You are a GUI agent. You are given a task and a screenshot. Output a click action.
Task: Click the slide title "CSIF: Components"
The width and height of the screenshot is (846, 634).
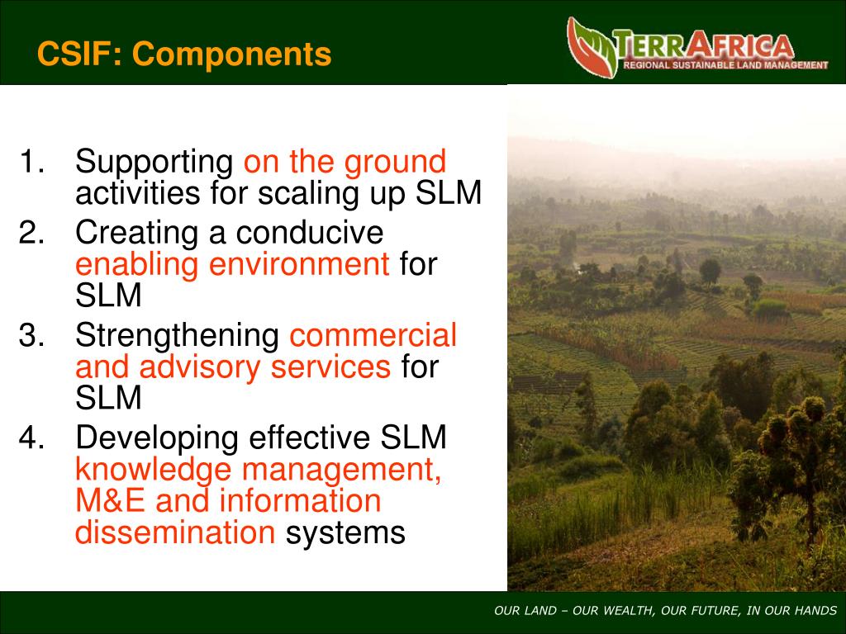[184, 54]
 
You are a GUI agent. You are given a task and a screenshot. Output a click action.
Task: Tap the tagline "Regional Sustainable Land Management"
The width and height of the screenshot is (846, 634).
[725, 65]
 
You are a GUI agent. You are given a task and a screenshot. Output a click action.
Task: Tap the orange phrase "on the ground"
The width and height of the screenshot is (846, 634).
[345, 162]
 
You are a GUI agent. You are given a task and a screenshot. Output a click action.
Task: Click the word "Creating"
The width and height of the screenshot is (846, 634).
[136, 234]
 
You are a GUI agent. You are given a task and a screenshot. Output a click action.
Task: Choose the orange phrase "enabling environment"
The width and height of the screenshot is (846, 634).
[232, 266]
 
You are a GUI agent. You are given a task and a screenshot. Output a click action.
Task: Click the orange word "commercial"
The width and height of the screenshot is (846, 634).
[373, 336]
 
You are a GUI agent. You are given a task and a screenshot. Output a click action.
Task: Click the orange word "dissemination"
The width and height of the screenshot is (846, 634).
[175, 533]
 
